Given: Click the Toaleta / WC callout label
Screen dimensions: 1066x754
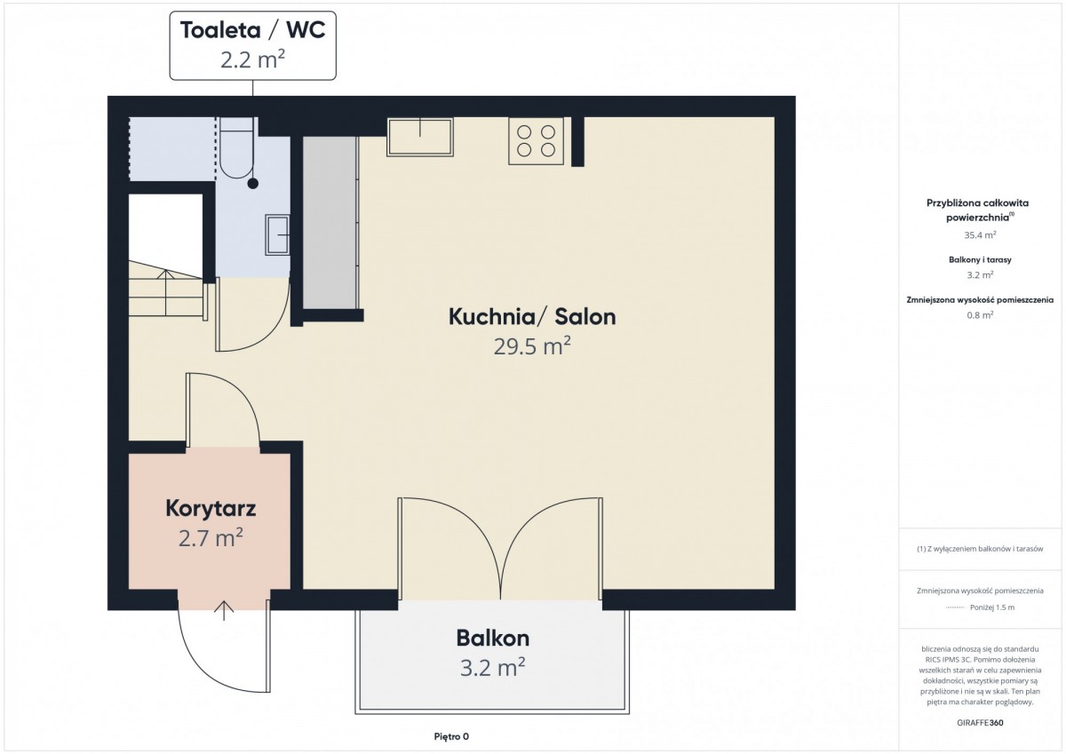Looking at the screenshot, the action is [252, 45].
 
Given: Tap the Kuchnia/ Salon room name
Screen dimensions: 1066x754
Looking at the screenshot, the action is [532, 317].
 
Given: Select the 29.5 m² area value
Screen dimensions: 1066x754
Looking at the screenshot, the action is [532, 345].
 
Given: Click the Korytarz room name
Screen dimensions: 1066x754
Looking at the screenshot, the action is [211, 509].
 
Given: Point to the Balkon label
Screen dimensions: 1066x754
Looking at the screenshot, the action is [492, 638].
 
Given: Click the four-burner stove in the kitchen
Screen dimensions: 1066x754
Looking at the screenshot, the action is [536, 141].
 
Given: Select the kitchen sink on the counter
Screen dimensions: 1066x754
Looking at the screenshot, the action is [419, 137].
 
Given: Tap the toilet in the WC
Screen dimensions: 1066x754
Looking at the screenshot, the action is [237, 148].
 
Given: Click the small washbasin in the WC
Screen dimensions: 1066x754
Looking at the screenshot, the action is [277, 235].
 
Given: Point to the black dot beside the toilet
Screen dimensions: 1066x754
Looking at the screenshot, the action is [253, 183].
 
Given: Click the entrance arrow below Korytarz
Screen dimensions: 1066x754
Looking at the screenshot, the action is [224, 611].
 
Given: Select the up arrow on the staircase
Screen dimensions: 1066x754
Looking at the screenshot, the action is [165, 292].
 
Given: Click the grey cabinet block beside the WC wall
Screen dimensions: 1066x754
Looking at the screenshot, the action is [330, 223].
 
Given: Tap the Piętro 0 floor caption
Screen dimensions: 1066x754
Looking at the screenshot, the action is [451, 736].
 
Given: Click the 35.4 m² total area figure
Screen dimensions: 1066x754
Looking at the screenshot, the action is [981, 235].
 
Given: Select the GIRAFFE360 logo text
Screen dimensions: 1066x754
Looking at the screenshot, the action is [981, 723].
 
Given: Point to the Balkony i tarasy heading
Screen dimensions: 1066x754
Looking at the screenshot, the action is [980, 259].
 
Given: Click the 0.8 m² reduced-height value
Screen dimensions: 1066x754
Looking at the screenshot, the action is [980, 315].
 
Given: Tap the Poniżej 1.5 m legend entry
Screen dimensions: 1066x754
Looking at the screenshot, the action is [992, 607].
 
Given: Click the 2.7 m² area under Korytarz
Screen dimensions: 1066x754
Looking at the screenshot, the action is [211, 538].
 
